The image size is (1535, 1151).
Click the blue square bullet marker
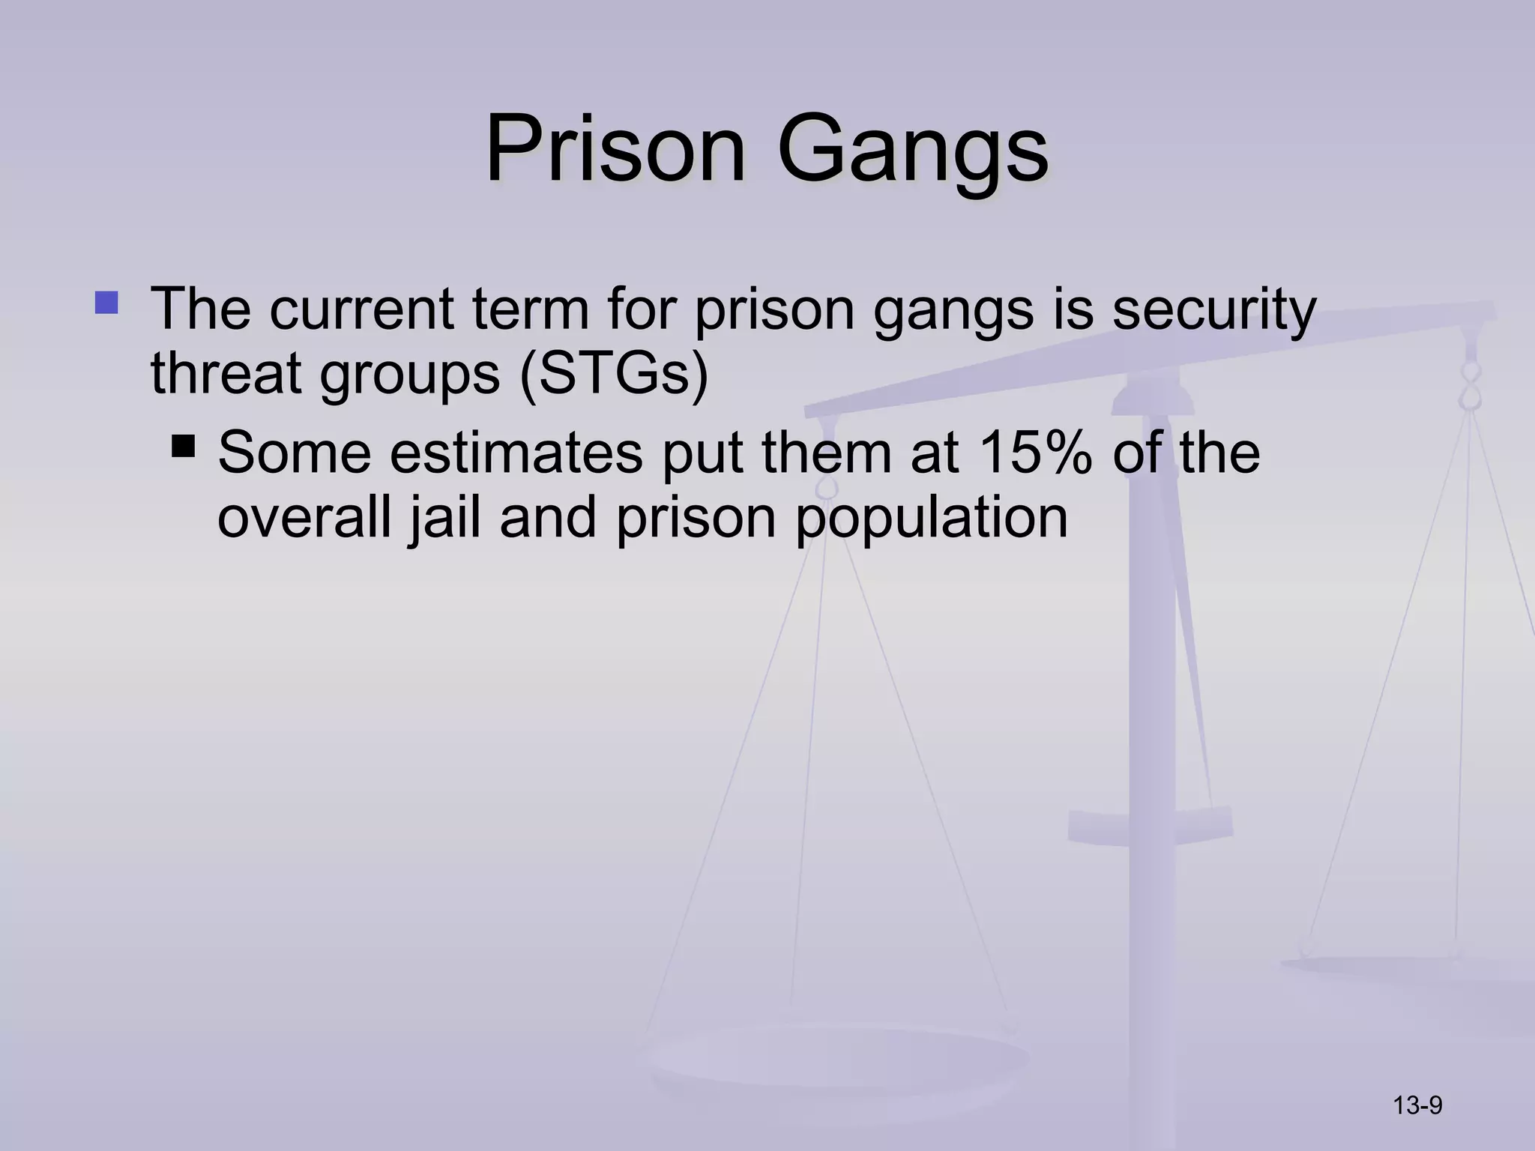106,302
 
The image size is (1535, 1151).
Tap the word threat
226,374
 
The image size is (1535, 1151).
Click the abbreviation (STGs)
614,375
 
